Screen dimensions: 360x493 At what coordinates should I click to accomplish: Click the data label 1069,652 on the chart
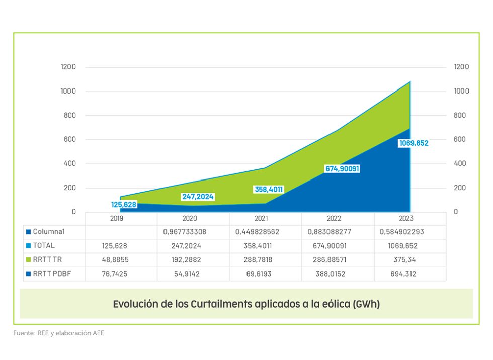(414, 143)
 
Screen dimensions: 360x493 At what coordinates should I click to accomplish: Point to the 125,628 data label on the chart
(123, 205)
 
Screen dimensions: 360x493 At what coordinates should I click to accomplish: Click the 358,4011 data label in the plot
(269, 190)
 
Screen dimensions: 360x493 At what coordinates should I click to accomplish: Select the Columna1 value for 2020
(193, 232)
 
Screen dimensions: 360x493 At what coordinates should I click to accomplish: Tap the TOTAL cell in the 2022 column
(338, 246)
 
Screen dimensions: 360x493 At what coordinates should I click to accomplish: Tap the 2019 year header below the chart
(117, 219)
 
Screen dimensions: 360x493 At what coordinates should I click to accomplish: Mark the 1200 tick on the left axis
(69, 67)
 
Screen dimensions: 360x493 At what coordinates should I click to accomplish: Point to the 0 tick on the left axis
(73, 212)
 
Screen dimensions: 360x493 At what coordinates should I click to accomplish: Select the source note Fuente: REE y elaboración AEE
(59, 333)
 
